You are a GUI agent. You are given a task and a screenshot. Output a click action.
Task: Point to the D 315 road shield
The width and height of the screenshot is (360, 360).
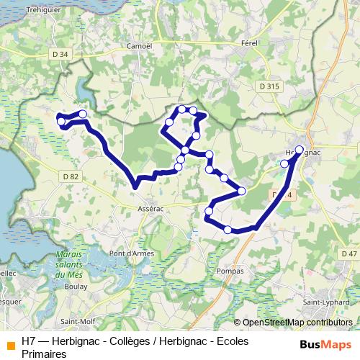click(268, 86)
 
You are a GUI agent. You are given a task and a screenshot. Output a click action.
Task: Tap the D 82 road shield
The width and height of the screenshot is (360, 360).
click(70, 176)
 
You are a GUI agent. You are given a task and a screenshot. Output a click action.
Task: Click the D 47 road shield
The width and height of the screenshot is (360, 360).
click(348, 253)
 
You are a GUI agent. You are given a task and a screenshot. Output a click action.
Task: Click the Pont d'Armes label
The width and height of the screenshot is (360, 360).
click(130, 253)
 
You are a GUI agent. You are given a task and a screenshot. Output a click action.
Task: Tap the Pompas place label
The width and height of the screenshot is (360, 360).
click(230, 271)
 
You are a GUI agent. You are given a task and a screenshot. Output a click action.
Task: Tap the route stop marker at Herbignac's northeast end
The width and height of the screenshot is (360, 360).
click(300, 150)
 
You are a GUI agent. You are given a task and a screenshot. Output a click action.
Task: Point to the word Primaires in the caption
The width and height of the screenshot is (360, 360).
click(44, 354)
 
